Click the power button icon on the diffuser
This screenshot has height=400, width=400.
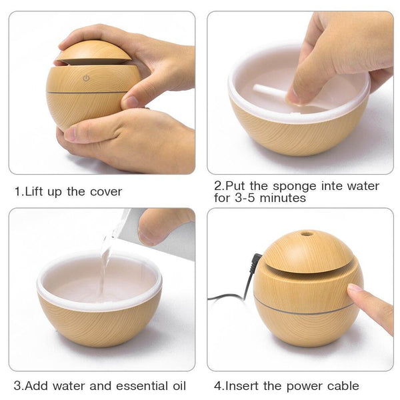pos(86,78)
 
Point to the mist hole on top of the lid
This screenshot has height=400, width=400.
pos(306,234)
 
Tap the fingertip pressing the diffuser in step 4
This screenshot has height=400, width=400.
pos(355,290)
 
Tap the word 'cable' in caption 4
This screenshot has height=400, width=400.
pos(341,386)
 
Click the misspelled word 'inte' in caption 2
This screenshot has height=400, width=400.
pos(326,186)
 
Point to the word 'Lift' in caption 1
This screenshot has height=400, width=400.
pos(35,192)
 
